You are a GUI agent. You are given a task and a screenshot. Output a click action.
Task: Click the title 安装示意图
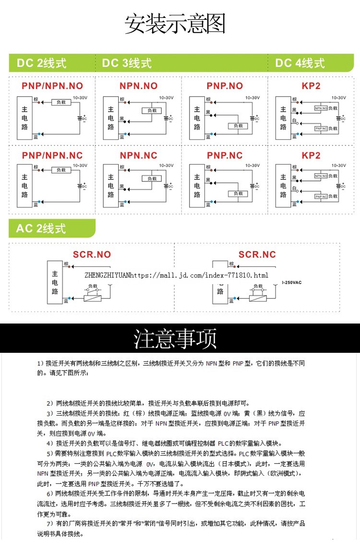[x=175, y=24]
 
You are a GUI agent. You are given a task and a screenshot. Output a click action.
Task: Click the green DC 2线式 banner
[x=41, y=63]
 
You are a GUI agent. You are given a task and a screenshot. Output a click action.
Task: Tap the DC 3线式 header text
[x=127, y=63]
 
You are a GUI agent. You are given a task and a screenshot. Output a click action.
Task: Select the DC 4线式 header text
[x=300, y=63]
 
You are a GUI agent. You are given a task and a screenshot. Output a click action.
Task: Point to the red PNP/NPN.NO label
[x=52, y=86]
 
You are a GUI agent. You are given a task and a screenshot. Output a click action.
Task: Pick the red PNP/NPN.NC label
[x=52, y=156]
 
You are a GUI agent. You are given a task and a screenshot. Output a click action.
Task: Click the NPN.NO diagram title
[x=138, y=86]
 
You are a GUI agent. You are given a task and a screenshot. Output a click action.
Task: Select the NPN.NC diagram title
[x=138, y=156]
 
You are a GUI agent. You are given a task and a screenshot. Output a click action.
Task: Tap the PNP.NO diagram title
[x=225, y=86]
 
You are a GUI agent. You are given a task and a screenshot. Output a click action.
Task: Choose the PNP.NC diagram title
[x=225, y=156]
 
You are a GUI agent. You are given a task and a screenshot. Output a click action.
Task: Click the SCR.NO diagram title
[x=92, y=254]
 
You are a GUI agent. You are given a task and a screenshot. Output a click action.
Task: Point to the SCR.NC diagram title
[x=257, y=254]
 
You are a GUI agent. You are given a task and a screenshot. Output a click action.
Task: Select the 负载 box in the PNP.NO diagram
[x=238, y=126]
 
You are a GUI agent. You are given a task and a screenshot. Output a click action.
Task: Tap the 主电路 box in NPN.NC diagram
[x=111, y=185]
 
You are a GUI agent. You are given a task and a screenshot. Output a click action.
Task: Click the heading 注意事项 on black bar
[x=175, y=338]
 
